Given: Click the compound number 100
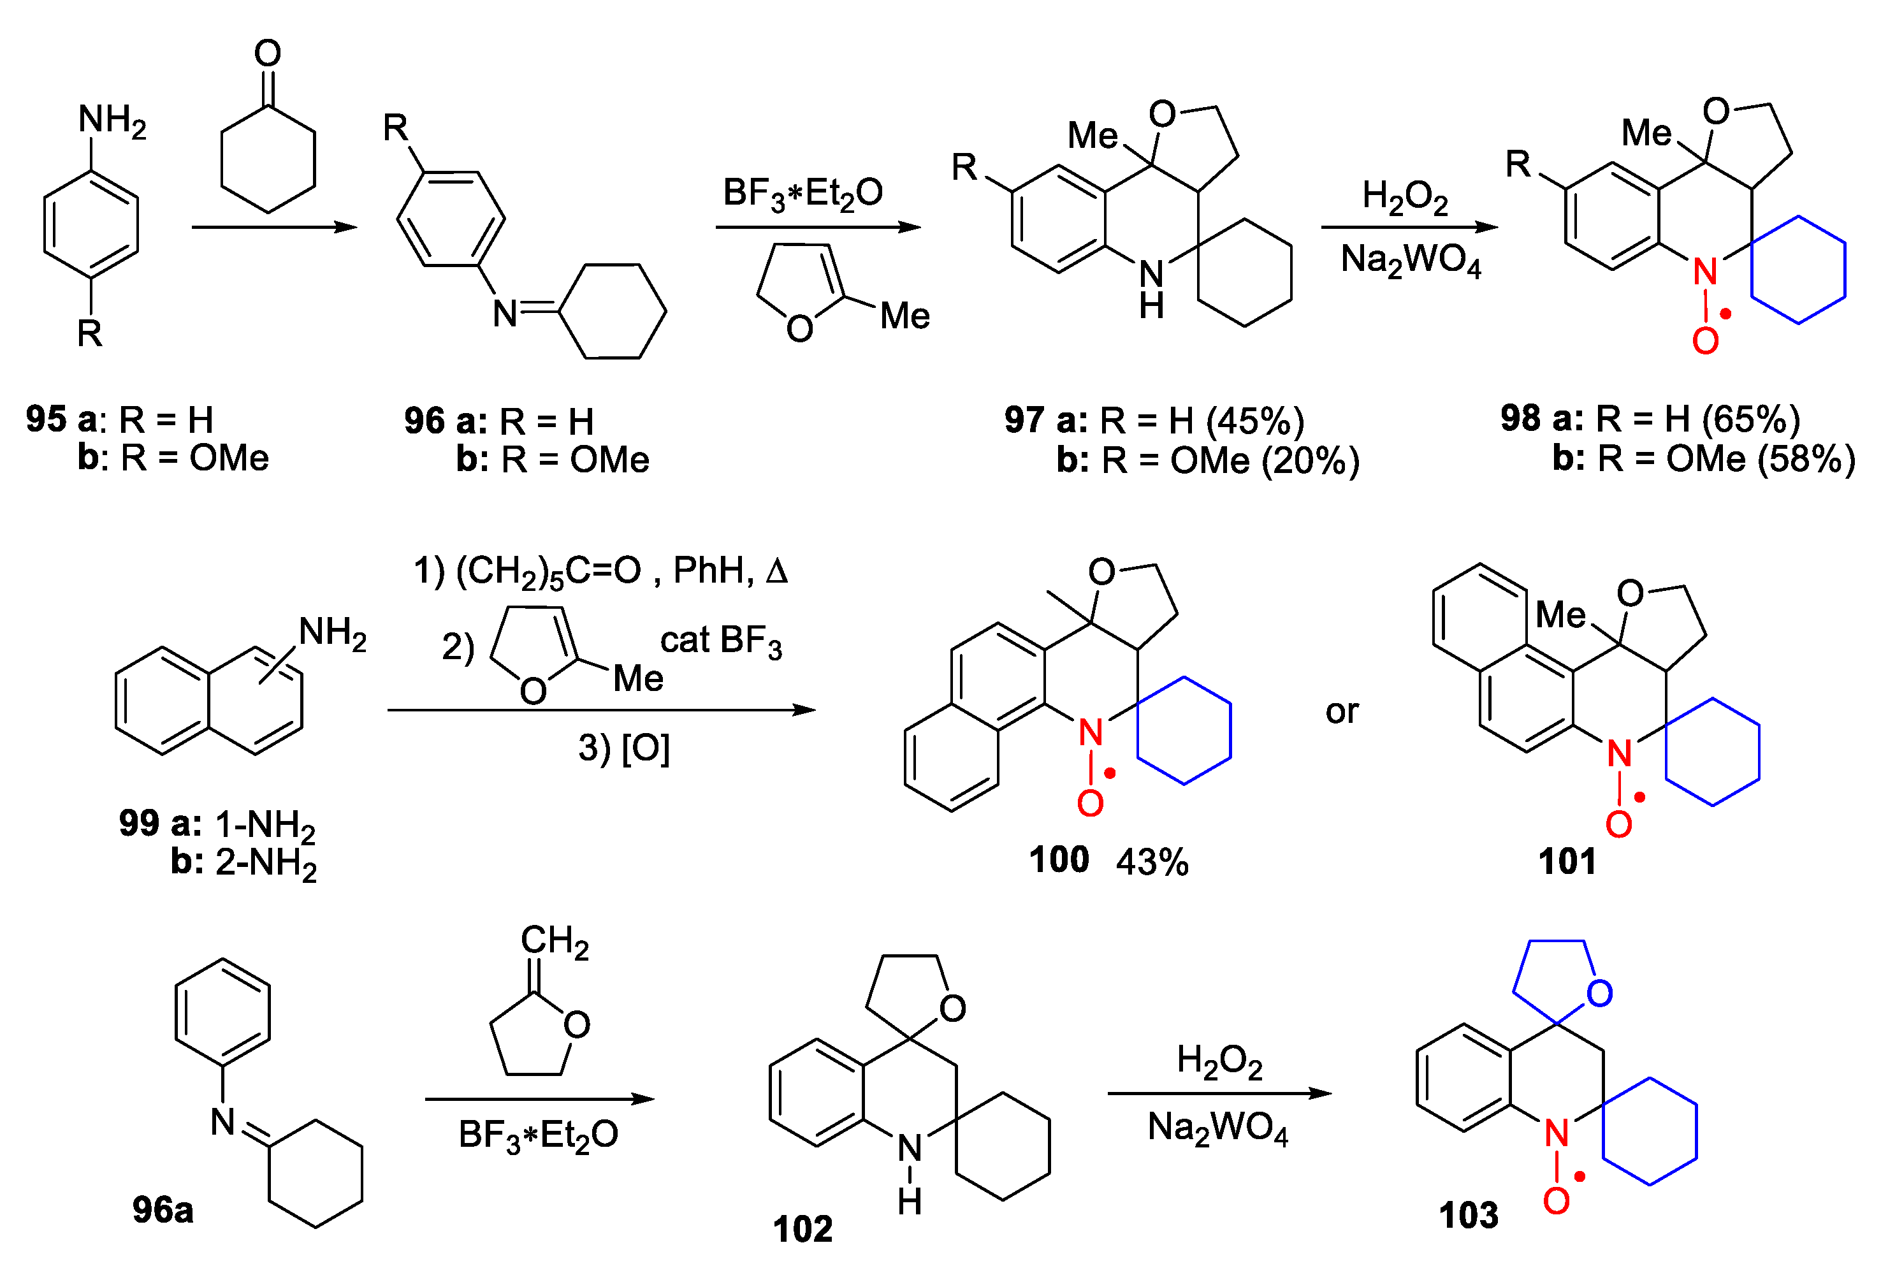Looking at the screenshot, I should [x=1058, y=859].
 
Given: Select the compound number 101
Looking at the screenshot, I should [x=1567, y=861].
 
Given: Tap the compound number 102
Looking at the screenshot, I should [x=802, y=1228].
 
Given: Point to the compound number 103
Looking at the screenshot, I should [x=1468, y=1215].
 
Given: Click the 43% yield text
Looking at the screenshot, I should [x=1152, y=862].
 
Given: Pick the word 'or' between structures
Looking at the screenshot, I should [x=1342, y=712].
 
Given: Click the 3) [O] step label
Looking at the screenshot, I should [x=623, y=748].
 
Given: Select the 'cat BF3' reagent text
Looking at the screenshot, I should [x=720, y=641].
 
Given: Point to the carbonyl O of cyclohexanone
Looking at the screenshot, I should [x=268, y=54].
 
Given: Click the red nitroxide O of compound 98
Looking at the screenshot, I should [x=1704, y=340].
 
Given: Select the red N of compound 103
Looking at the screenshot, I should [x=1556, y=1133].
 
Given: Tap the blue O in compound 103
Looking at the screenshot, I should [x=1599, y=993].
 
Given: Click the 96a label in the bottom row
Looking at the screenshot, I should [x=163, y=1210].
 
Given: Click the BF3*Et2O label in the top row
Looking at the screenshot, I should [x=802, y=193].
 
